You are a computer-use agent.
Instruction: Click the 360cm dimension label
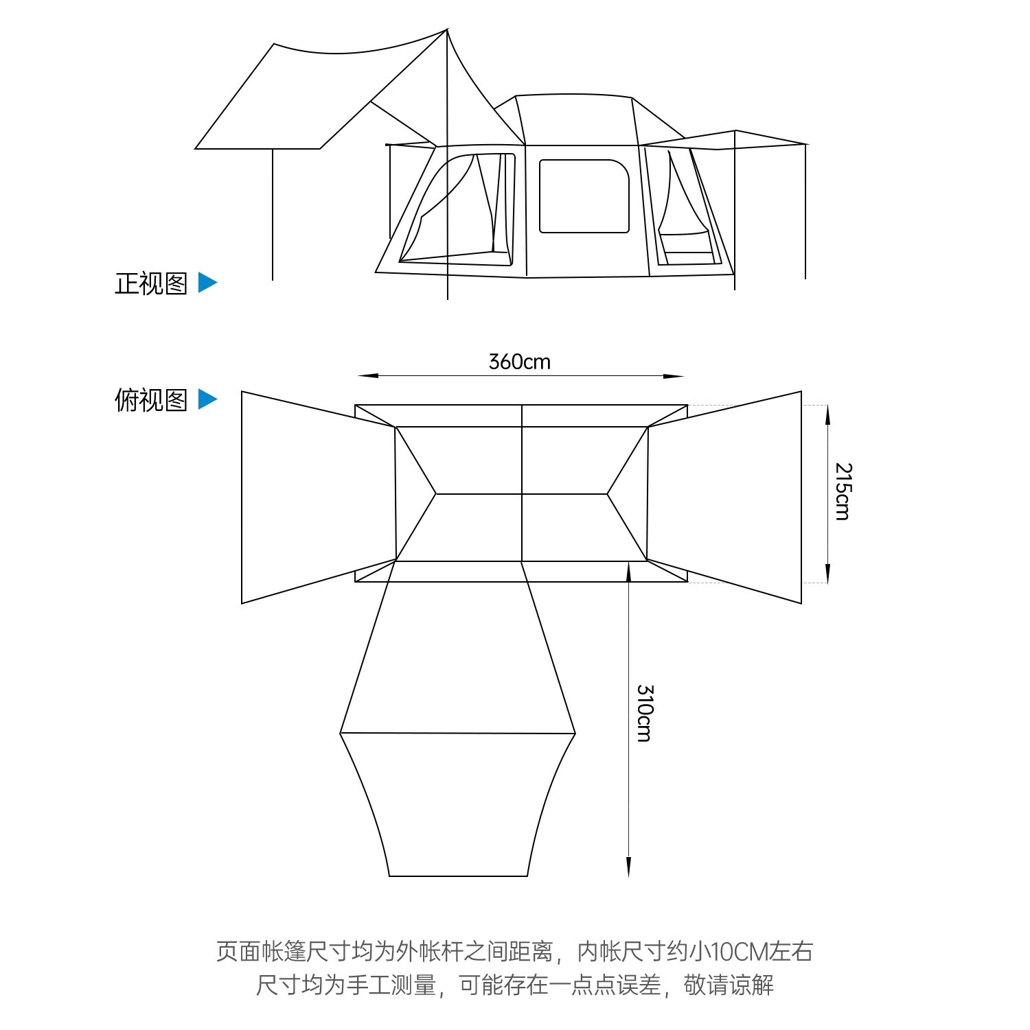coord(519,362)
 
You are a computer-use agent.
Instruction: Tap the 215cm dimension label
coord(843,491)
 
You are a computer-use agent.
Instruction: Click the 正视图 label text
coord(151,283)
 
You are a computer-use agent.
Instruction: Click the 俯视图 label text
coord(151,400)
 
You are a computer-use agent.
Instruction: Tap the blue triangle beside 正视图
coord(207,283)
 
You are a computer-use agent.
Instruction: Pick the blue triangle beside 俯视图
coord(207,399)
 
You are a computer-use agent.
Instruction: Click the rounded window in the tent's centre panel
coord(584,196)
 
